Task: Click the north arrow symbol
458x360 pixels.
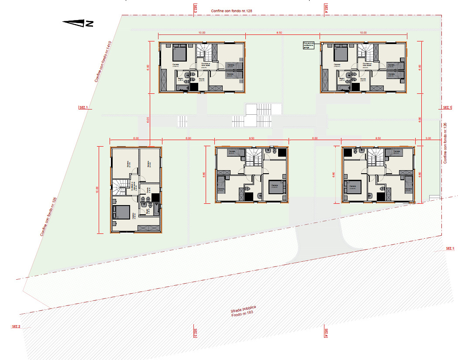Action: tap(78, 24)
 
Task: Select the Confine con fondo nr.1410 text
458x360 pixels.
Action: tap(103, 62)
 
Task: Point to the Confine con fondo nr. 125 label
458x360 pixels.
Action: tap(49, 217)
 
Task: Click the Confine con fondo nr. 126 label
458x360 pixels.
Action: tap(445, 143)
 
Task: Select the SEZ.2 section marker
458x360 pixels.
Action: tap(17, 326)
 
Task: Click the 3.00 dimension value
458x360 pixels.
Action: tap(428, 138)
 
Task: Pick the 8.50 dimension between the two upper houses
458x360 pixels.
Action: tap(279, 33)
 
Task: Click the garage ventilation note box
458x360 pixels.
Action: tap(309, 45)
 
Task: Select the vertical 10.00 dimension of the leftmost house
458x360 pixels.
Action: tap(97, 190)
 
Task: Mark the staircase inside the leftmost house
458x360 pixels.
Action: tap(120, 188)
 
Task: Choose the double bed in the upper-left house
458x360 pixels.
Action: tap(179, 53)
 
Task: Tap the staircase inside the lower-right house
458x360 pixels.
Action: tap(375, 158)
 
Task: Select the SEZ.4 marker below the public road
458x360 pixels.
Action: tap(325, 333)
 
